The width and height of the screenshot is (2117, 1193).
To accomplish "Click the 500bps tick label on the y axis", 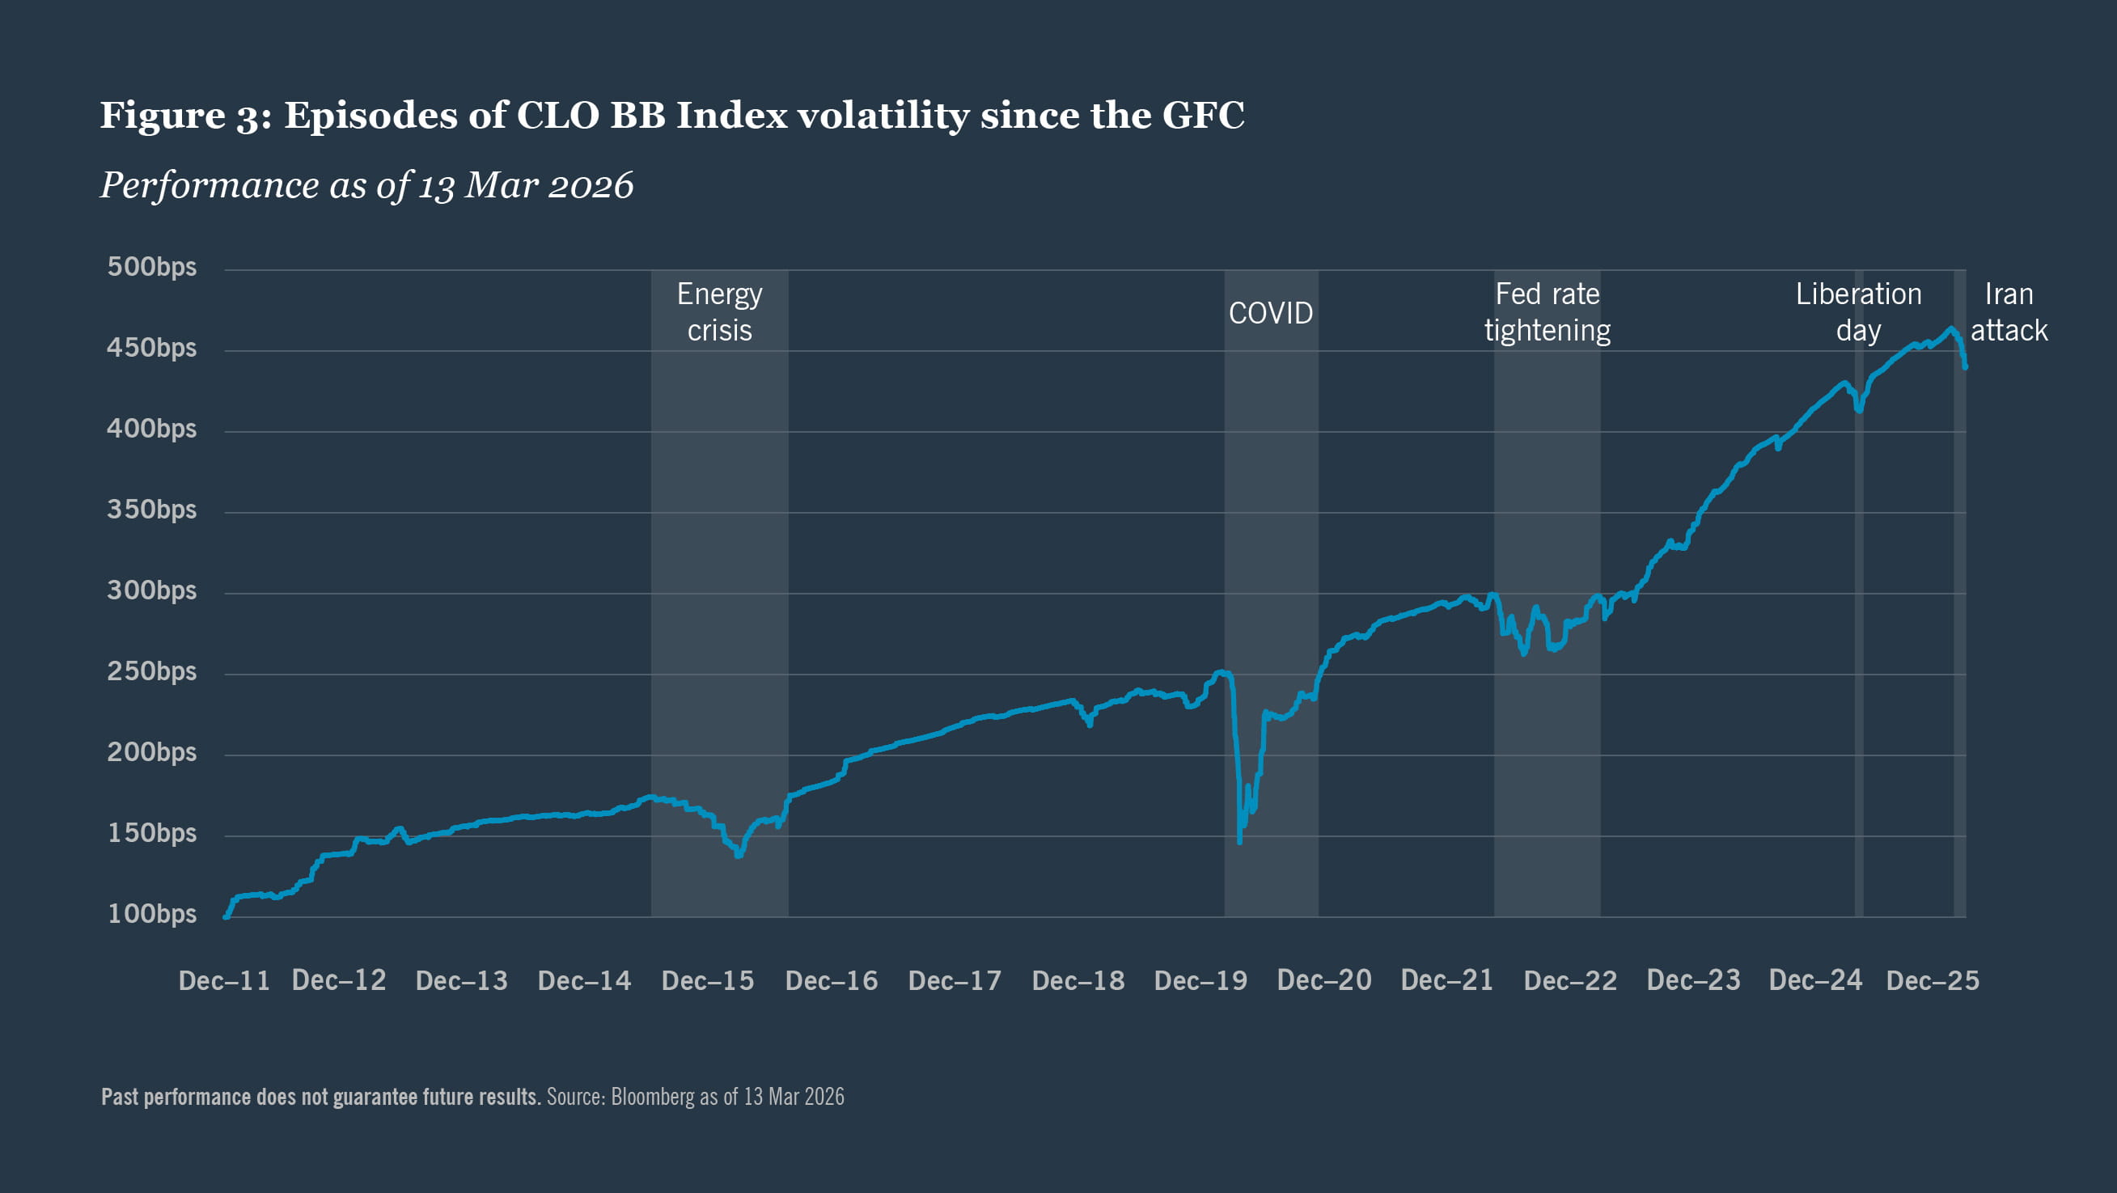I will [x=152, y=267].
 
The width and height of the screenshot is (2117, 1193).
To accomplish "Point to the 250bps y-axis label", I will [x=152, y=672].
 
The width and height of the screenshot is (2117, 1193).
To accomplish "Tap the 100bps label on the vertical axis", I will [x=152, y=915].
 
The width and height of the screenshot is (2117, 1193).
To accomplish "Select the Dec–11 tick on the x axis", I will [x=223, y=980].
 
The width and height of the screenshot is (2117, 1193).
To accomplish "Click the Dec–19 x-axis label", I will [x=1200, y=980].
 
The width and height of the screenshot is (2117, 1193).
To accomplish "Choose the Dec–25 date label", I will [x=1932, y=980].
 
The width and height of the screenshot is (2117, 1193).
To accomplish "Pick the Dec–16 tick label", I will [x=831, y=980].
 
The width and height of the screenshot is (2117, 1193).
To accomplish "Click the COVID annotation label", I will [x=1271, y=313].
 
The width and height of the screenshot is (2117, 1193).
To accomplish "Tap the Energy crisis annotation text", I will [x=719, y=312].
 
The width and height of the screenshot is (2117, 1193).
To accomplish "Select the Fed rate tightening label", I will [x=1547, y=312].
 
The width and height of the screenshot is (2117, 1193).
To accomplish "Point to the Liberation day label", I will [x=1858, y=312].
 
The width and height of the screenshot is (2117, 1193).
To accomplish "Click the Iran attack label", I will [x=2009, y=312].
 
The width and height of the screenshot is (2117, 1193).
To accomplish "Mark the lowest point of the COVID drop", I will [x=1239, y=841].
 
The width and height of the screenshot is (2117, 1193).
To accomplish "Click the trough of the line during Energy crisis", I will [x=738, y=855].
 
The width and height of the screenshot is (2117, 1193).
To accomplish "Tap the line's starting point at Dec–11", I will [x=226, y=916].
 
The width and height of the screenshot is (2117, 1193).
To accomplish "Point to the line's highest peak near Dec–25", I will [x=1951, y=328].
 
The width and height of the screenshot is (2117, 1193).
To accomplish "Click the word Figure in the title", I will [x=162, y=115].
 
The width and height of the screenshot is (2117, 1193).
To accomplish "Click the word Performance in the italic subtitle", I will [x=210, y=185].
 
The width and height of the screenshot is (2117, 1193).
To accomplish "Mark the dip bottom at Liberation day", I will [x=1859, y=410].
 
